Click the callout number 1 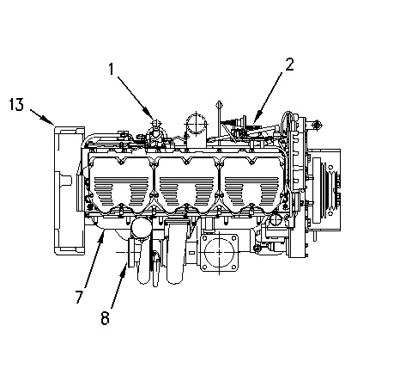coord(112,69)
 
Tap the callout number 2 coord(289,64)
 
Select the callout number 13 coord(16,104)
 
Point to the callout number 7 coord(79,296)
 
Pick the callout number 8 coord(105,318)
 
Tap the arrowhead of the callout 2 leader coord(255,120)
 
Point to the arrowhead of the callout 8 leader coord(125,265)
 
